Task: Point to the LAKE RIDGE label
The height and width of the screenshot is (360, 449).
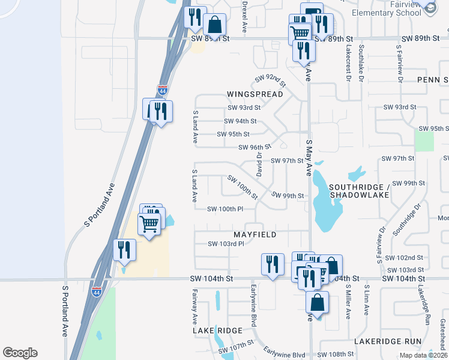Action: pos(217,331)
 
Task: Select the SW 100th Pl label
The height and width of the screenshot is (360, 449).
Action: pos(225,209)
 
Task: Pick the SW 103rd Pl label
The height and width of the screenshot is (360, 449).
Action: pos(226,244)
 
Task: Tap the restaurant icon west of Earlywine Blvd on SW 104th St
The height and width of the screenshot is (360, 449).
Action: pos(273,264)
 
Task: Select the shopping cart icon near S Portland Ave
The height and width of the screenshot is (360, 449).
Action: pos(149,224)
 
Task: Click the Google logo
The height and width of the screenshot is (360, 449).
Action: pos(20,353)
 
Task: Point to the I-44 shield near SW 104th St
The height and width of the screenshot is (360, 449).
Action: pos(97,292)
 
